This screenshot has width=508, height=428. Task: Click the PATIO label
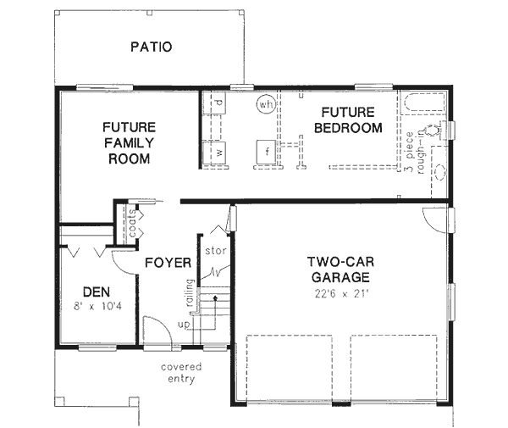[x=151, y=47]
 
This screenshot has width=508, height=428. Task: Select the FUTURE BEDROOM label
[x=347, y=120]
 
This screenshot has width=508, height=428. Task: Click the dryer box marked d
[x=218, y=103]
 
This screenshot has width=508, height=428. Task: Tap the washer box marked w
[x=218, y=152]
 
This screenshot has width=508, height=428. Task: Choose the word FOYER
[x=167, y=262]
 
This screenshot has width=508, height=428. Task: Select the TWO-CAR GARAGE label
[x=338, y=269]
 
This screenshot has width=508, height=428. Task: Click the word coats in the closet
[x=132, y=224]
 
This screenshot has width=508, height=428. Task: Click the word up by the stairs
[x=184, y=325]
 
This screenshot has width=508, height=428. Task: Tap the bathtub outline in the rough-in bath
[x=421, y=106]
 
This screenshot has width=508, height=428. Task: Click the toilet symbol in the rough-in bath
[x=433, y=130]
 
